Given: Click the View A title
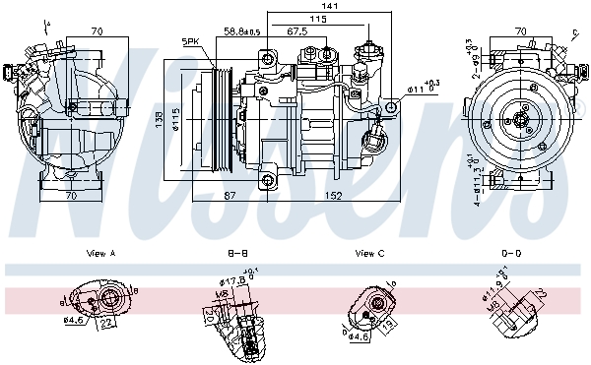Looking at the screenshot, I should [x=101, y=254].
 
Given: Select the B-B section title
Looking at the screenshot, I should [x=237, y=254].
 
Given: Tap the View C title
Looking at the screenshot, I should [x=369, y=254].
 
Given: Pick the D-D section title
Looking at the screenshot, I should [x=509, y=254].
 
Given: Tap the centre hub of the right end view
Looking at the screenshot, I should [x=520, y=122].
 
